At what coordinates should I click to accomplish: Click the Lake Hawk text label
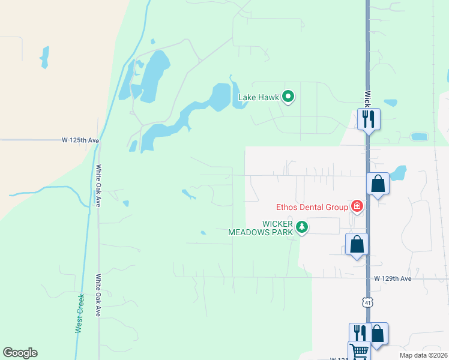pyautogui.click(x=259, y=97)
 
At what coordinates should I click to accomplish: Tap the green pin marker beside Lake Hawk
pyautogui.click(x=288, y=96)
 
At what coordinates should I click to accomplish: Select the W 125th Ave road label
pyautogui.click(x=80, y=140)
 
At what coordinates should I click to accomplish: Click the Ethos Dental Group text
pyautogui.click(x=312, y=207)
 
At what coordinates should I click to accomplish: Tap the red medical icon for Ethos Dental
pyautogui.click(x=357, y=206)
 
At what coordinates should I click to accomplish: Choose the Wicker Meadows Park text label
pyautogui.click(x=261, y=228)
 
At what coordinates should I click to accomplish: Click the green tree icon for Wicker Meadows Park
pyautogui.click(x=302, y=227)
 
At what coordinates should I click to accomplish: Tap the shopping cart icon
pyautogui.click(x=359, y=351)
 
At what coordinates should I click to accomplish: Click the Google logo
pyautogui.click(x=20, y=353)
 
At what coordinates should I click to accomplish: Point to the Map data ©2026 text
pyautogui.click(x=424, y=355)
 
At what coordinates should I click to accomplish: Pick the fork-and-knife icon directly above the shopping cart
pyautogui.click(x=359, y=332)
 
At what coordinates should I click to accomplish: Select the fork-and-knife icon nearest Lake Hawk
pyautogui.click(x=368, y=118)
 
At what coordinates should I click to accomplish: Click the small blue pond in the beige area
pyautogui.click(x=44, y=57)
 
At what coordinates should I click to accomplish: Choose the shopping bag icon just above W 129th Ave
pyautogui.click(x=357, y=244)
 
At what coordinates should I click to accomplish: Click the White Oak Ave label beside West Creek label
pyautogui.click(x=98, y=296)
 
